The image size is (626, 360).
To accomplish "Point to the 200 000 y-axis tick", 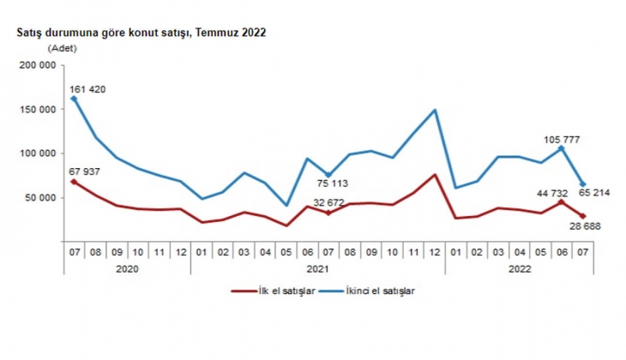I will (x=38, y=65).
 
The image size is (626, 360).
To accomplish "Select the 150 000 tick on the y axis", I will (x=38, y=110).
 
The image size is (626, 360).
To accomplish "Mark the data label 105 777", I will (x=563, y=138).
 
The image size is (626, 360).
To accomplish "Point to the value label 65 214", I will (x=594, y=192).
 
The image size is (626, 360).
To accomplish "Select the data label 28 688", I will (x=581, y=225).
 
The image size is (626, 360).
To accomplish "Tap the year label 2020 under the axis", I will (x=127, y=267).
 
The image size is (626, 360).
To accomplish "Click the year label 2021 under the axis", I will (x=317, y=267).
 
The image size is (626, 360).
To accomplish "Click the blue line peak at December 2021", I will (x=436, y=110).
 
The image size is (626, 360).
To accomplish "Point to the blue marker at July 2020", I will (x=74, y=99).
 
